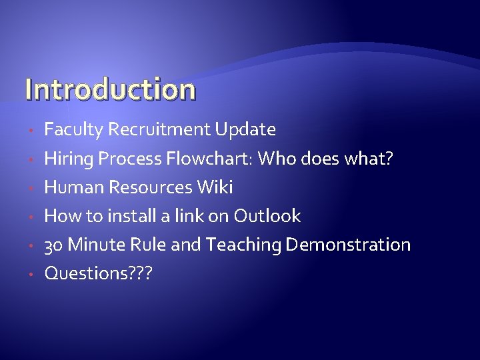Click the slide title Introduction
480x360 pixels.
pos(110,89)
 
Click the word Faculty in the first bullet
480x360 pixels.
pos(73,129)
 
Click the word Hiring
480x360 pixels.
pos(69,159)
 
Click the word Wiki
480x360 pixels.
pos(215,187)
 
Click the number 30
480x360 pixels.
pos(53,245)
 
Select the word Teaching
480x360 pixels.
pos(244,245)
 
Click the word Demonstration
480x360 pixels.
pos(348,245)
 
